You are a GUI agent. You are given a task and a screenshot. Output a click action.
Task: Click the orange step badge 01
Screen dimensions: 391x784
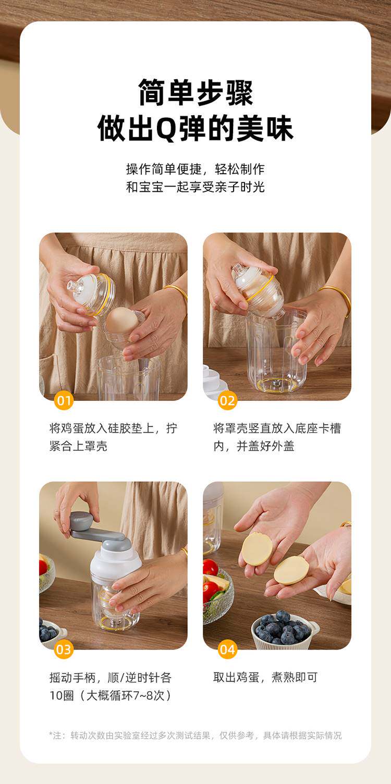tap(64, 400)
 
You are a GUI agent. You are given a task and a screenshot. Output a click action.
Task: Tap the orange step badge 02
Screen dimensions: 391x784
tap(227, 400)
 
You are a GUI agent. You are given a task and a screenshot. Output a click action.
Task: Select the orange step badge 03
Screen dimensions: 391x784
tap(64, 650)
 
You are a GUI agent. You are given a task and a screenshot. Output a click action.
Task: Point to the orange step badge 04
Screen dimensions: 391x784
tap(227, 650)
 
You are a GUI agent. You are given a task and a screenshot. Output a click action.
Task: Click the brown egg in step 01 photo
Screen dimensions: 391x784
tap(122, 320)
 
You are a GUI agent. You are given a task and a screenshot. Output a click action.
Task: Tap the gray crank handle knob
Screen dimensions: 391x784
tap(81, 522)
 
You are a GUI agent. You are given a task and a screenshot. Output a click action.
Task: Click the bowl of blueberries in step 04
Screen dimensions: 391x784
tap(285, 630)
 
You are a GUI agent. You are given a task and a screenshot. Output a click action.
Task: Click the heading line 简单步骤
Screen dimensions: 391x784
tap(195, 93)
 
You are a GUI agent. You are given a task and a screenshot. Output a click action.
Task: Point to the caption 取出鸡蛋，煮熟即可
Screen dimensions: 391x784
tap(265, 677)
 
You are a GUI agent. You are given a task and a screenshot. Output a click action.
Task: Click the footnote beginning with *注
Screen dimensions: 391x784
tap(195, 736)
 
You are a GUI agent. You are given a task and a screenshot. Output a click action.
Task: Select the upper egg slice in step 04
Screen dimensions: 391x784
tap(256, 549)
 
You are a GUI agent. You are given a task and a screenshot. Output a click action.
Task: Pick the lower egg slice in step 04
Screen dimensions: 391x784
tap(291, 570)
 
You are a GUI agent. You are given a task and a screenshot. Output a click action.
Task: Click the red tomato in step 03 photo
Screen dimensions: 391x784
tap(43, 567)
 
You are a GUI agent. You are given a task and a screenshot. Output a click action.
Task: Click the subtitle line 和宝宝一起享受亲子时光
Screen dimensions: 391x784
tap(195, 187)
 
